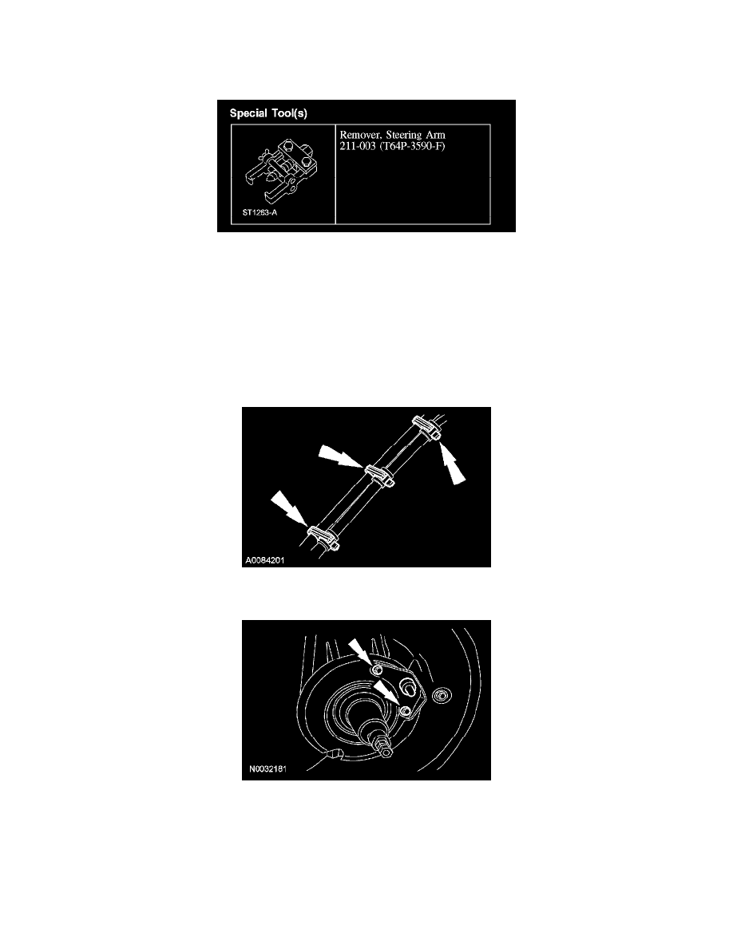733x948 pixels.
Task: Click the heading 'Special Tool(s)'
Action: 268,113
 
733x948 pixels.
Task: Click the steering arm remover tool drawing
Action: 280,172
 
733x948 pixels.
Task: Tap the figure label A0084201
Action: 265,560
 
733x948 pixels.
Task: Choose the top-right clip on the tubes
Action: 426,427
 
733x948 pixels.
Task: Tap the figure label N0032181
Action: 267,769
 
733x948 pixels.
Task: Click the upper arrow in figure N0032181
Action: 360,653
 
